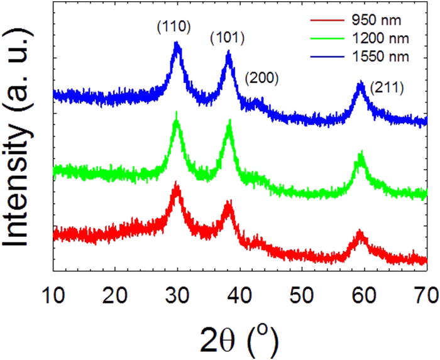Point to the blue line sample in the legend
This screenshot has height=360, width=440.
click(329, 57)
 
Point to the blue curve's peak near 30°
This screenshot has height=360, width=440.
click(177, 44)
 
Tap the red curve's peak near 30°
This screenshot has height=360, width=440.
click(177, 186)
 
